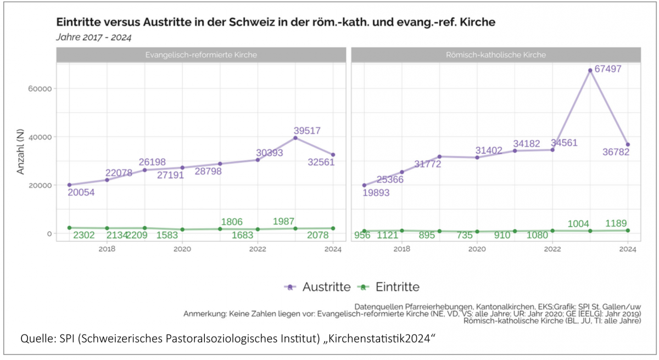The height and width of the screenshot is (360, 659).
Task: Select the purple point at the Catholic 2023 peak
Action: point(590,70)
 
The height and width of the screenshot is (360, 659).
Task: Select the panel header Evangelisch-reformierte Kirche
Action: point(201,55)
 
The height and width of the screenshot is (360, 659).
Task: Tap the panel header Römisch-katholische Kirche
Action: point(496,55)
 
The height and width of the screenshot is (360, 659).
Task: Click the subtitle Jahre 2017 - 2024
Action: point(94,37)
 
